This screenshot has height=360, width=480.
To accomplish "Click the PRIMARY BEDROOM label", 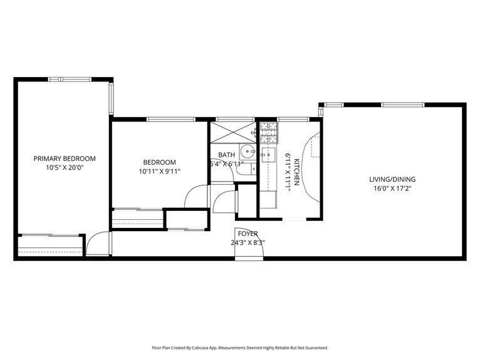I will coord(65,159).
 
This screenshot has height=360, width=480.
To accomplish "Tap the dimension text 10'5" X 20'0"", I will coord(65,168).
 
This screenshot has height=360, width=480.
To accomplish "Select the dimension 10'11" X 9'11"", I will coord(159,171).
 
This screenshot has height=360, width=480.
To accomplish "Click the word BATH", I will coord(226,155).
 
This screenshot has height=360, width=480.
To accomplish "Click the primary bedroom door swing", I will coord(97,244).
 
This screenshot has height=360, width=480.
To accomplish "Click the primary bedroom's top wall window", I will coord(66,79).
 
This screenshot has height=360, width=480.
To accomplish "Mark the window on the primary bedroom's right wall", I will coord(112,98).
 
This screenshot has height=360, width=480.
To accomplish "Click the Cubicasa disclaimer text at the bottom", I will coord(239,347).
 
